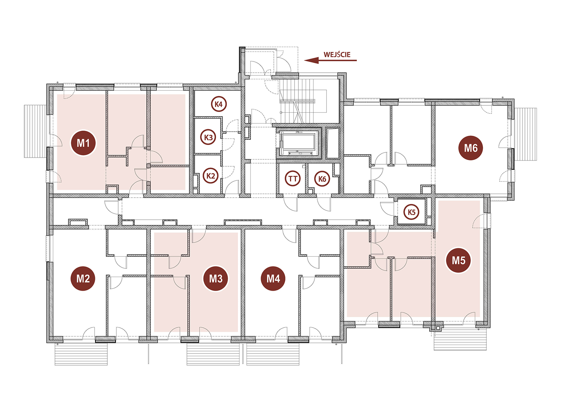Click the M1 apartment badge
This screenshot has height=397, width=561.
[83, 143]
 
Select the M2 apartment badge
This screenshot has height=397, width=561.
[83, 279]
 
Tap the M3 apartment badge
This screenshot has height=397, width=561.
[216, 279]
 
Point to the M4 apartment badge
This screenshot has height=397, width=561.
[273, 279]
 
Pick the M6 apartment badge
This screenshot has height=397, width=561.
[471, 148]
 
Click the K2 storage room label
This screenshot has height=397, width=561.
[211, 176]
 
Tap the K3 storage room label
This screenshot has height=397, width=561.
[208, 137]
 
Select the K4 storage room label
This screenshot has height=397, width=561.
[219, 104]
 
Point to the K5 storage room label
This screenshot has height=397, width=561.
[412, 212]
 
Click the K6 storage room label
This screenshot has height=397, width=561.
[322, 179]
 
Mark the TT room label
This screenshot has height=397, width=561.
[293, 179]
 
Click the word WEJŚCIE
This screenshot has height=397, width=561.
[337, 55]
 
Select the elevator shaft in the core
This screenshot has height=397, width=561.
[298, 144]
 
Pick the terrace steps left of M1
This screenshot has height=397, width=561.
[35, 131]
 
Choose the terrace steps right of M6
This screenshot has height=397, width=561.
[526, 134]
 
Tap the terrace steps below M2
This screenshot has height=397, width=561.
[81, 354]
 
